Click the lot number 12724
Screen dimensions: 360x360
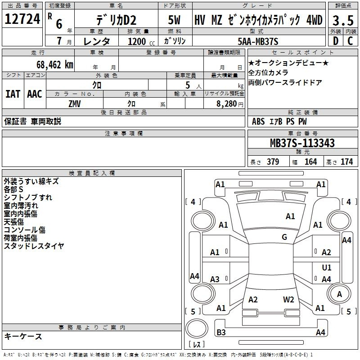[x=22, y=19]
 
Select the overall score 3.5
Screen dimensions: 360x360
[x=343, y=20]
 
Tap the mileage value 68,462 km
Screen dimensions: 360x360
[x=55, y=65]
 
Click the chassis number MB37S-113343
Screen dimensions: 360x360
[x=302, y=143]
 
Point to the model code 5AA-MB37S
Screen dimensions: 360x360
[x=258, y=41]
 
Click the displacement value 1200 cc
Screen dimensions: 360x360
[x=141, y=41]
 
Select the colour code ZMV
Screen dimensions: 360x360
[x=75, y=104]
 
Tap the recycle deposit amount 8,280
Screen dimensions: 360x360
[x=227, y=104]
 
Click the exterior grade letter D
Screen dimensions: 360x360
[x=336, y=41]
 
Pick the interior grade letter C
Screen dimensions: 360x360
[x=350, y=41]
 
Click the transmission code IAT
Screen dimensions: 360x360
[x=13, y=94]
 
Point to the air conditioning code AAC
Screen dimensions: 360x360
[x=35, y=94]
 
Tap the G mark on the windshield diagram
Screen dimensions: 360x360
[x=284, y=237]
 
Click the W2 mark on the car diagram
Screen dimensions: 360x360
[x=288, y=300]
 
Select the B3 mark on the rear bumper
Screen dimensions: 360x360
[x=221, y=332]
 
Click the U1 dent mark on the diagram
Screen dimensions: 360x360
[x=327, y=267]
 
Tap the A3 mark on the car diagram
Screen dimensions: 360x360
[x=215, y=279]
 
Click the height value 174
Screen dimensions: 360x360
[x=346, y=162]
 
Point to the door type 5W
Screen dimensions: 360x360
[x=174, y=20]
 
